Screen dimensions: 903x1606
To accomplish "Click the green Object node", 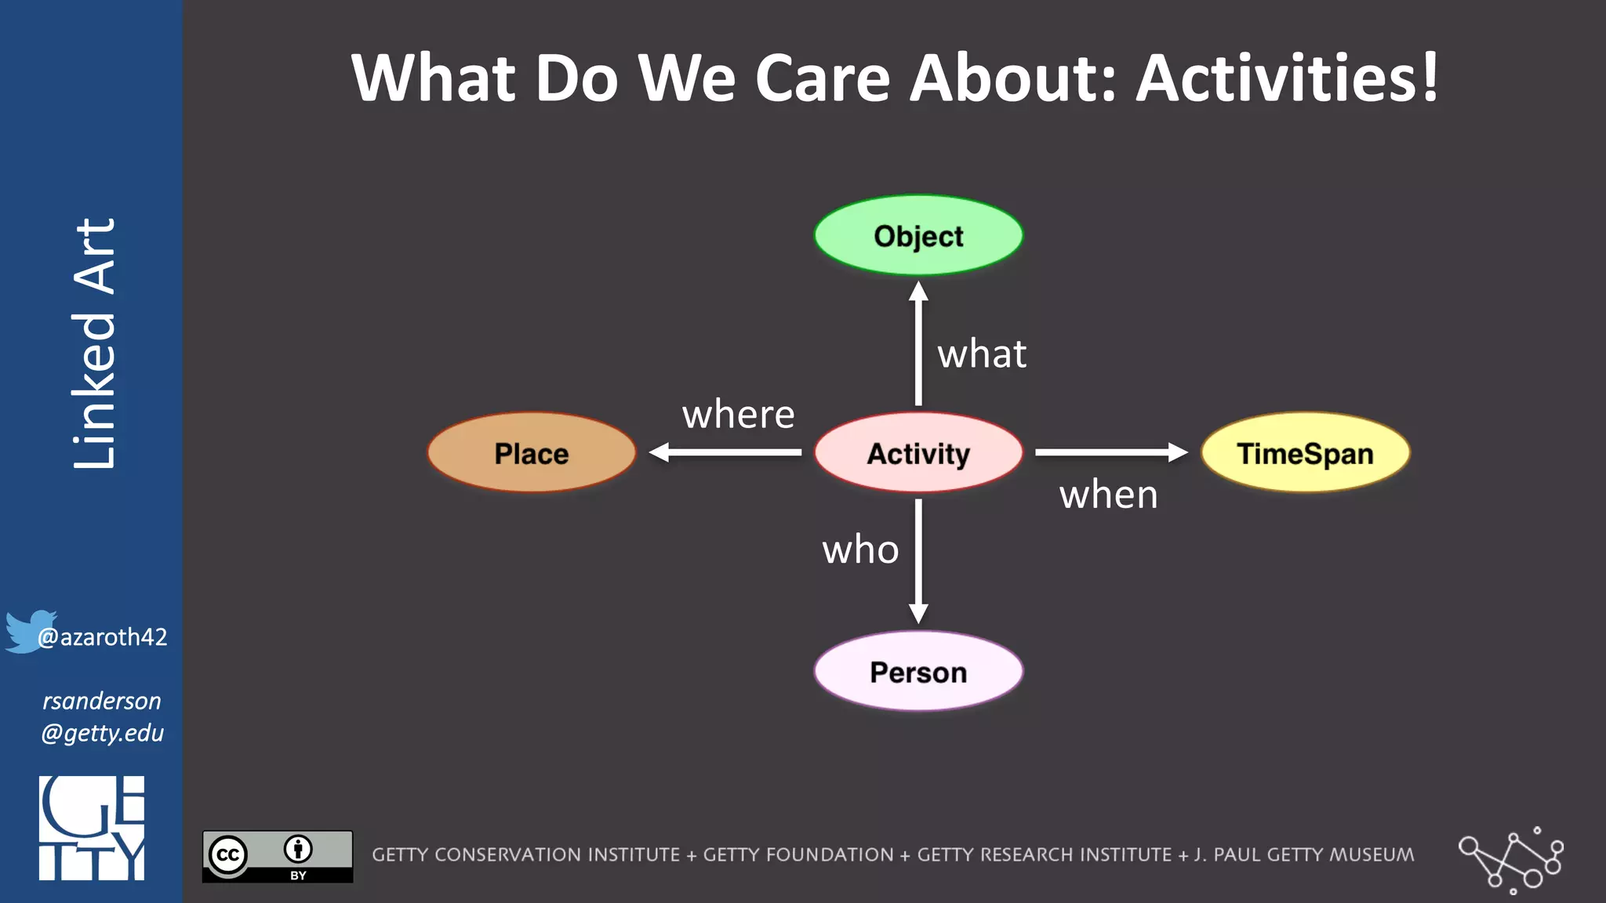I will coord(918,235).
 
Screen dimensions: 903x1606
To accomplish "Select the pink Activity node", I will coord(918,453).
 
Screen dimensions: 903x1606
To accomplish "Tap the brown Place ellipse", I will coord(532,453).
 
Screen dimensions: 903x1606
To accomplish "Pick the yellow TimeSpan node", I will coord(1305,453).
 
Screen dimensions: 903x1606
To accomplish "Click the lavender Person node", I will coord(918,672).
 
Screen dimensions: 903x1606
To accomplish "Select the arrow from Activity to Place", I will coord(725,452).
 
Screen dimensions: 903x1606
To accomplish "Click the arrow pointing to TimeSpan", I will coord(1110,452).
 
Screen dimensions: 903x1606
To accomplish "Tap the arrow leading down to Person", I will coord(918,561).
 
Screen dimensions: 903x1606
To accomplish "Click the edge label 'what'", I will coord(982,354).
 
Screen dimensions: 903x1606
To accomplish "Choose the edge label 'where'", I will coord(738,415).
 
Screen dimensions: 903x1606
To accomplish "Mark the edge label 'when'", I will coord(1108,495).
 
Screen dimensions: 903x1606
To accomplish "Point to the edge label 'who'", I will coord(860,550).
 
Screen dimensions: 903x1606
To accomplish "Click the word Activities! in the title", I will coord(1287,78).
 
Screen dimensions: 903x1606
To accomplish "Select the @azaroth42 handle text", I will coord(103,637).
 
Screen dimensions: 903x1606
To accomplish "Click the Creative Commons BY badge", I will coord(278,856).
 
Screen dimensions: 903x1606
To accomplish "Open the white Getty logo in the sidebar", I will coord(92,829).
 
